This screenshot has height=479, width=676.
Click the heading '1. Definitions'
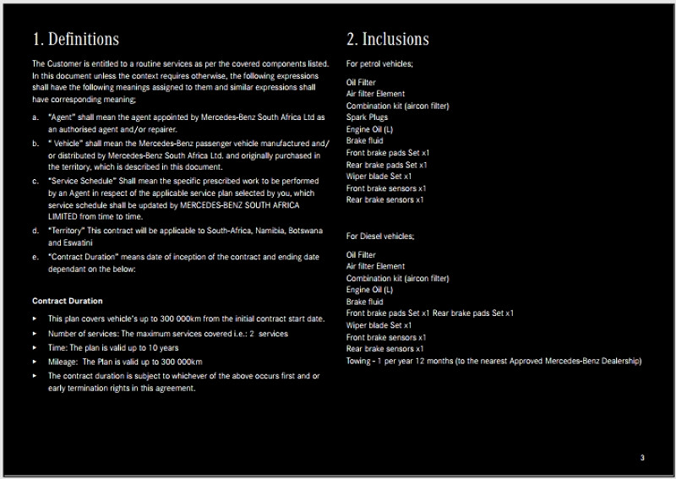point(75,39)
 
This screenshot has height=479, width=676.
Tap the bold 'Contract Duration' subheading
point(68,301)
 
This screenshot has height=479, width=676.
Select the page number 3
point(642,457)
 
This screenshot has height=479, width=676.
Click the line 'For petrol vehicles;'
point(379,63)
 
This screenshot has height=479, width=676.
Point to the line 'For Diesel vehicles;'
point(380,236)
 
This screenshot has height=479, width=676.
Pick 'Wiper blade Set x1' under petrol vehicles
point(379,177)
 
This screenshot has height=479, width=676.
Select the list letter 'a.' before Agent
point(35,117)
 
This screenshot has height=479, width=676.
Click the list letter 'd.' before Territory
point(35,230)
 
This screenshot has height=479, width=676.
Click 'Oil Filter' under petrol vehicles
point(362,82)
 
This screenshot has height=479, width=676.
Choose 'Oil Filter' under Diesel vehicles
point(362,254)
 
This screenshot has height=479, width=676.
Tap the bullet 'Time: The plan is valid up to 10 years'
point(113,348)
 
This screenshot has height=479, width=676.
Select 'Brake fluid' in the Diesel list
point(364,302)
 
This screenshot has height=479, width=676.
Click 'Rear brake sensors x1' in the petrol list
point(384,200)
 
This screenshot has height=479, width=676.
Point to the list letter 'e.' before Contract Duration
point(35,257)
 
